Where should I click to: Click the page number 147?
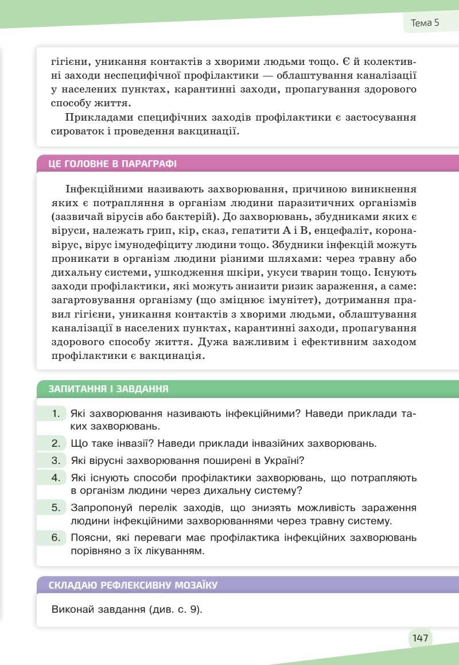[x=420, y=637]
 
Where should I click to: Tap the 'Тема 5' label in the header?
[x=425, y=23]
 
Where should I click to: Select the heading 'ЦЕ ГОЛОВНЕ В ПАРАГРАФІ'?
[x=112, y=164]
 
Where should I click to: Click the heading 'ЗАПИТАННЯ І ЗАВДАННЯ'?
[x=108, y=389]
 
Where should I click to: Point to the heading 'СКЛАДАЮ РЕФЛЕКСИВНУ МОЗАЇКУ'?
[x=133, y=585]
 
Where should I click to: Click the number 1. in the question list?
[x=56, y=413]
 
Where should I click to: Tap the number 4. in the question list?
[x=56, y=478]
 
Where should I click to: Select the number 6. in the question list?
[x=56, y=538]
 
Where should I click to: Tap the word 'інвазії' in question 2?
[x=133, y=443]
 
